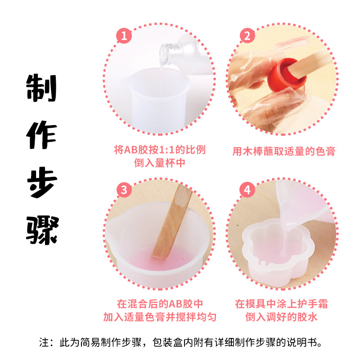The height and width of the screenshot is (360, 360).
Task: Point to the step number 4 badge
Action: click(x=246, y=189)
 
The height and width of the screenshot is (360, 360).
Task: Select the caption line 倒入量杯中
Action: click(x=160, y=163)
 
